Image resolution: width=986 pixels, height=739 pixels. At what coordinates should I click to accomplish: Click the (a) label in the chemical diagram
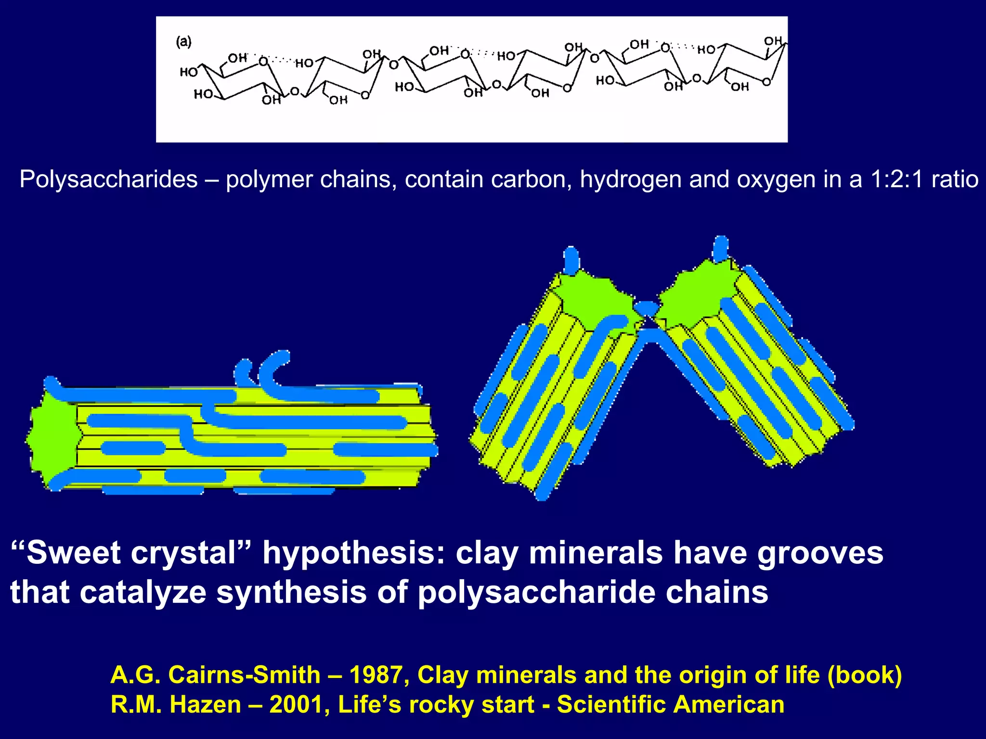tap(183, 42)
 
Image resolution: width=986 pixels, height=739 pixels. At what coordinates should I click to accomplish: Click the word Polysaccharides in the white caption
tap(108, 179)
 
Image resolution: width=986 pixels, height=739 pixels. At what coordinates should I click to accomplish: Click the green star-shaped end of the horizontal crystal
tap(53, 438)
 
